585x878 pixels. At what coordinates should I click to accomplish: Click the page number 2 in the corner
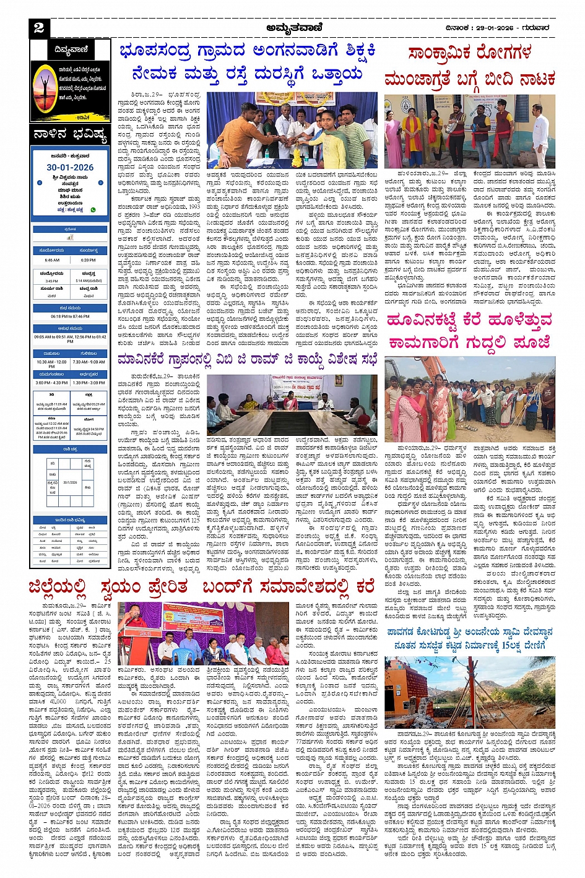click(x=39, y=27)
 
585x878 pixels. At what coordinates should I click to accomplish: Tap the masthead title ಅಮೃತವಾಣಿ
click(x=295, y=28)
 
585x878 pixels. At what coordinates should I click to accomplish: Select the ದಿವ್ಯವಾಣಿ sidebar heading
click(x=71, y=50)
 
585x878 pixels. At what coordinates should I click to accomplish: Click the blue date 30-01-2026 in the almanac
click(x=70, y=167)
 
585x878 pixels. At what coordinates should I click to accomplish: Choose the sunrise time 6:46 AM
click(x=52, y=261)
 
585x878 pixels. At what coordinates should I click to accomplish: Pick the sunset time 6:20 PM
click(x=89, y=261)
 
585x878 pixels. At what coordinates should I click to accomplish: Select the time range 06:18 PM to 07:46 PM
click(x=70, y=316)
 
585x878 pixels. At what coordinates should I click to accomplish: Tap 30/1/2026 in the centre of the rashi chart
click(x=70, y=482)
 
